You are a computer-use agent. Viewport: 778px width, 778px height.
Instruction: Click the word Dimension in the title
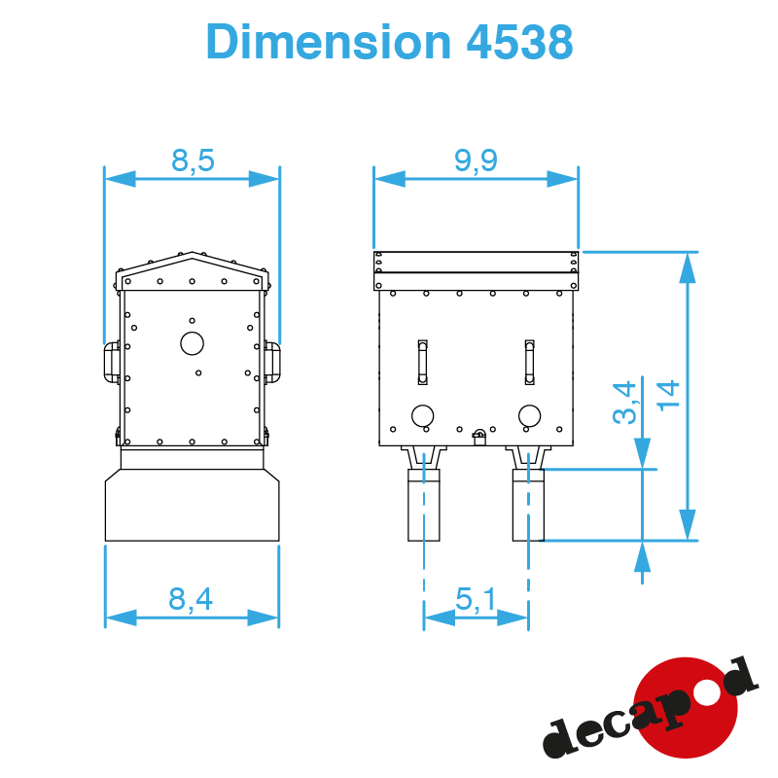coord(329,42)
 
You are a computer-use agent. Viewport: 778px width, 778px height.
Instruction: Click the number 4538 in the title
coord(520,42)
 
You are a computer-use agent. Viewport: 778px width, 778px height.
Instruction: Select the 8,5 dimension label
coord(193,160)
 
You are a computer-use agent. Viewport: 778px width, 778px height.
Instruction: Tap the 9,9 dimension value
coord(476,160)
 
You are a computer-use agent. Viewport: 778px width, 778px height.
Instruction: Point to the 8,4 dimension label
coord(191,599)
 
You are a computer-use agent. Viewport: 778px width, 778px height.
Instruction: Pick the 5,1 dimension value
coord(476,599)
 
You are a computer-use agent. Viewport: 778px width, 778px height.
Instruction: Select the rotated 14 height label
coord(668,396)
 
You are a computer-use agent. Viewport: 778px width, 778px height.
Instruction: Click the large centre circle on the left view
coord(192,343)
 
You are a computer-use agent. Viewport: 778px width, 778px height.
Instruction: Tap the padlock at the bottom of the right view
coord(479,438)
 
